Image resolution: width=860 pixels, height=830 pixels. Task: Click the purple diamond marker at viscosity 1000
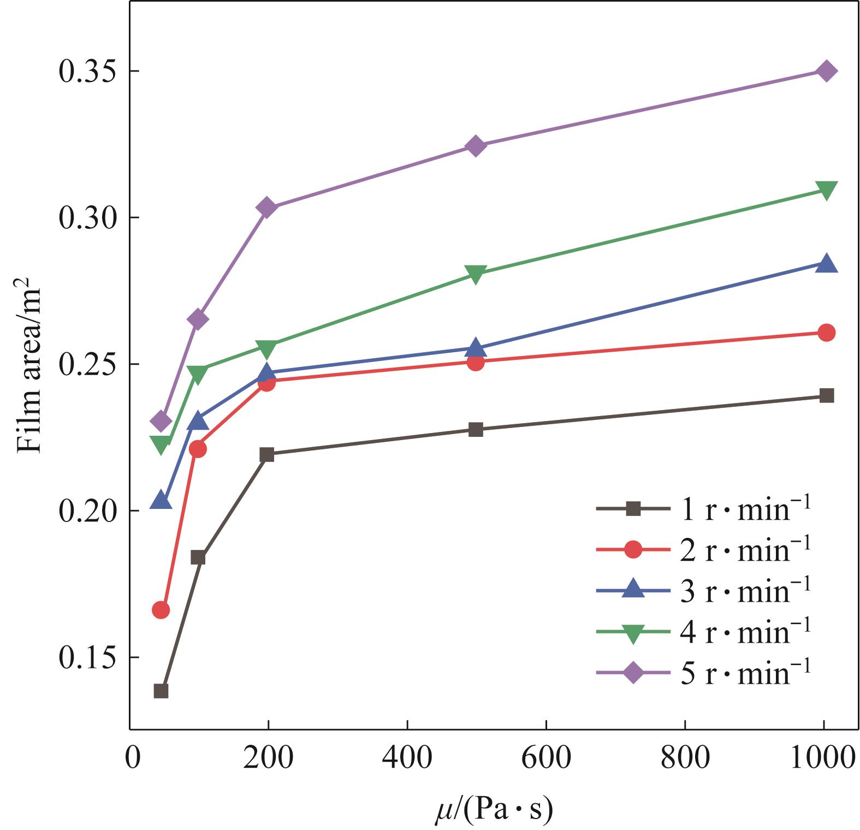point(826,71)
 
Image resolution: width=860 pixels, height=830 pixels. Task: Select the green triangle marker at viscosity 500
point(476,275)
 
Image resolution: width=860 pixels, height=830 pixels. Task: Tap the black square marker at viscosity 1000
point(827,395)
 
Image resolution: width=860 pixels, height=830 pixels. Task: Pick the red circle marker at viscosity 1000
point(827,333)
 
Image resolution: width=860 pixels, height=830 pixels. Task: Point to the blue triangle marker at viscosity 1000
point(827,264)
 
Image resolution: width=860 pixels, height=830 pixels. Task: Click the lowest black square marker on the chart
point(161,691)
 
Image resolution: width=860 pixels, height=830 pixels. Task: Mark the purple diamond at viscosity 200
point(266,207)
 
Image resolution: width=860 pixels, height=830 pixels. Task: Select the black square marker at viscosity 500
point(476,429)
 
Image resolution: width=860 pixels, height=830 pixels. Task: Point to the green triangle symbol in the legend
point(633,632)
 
